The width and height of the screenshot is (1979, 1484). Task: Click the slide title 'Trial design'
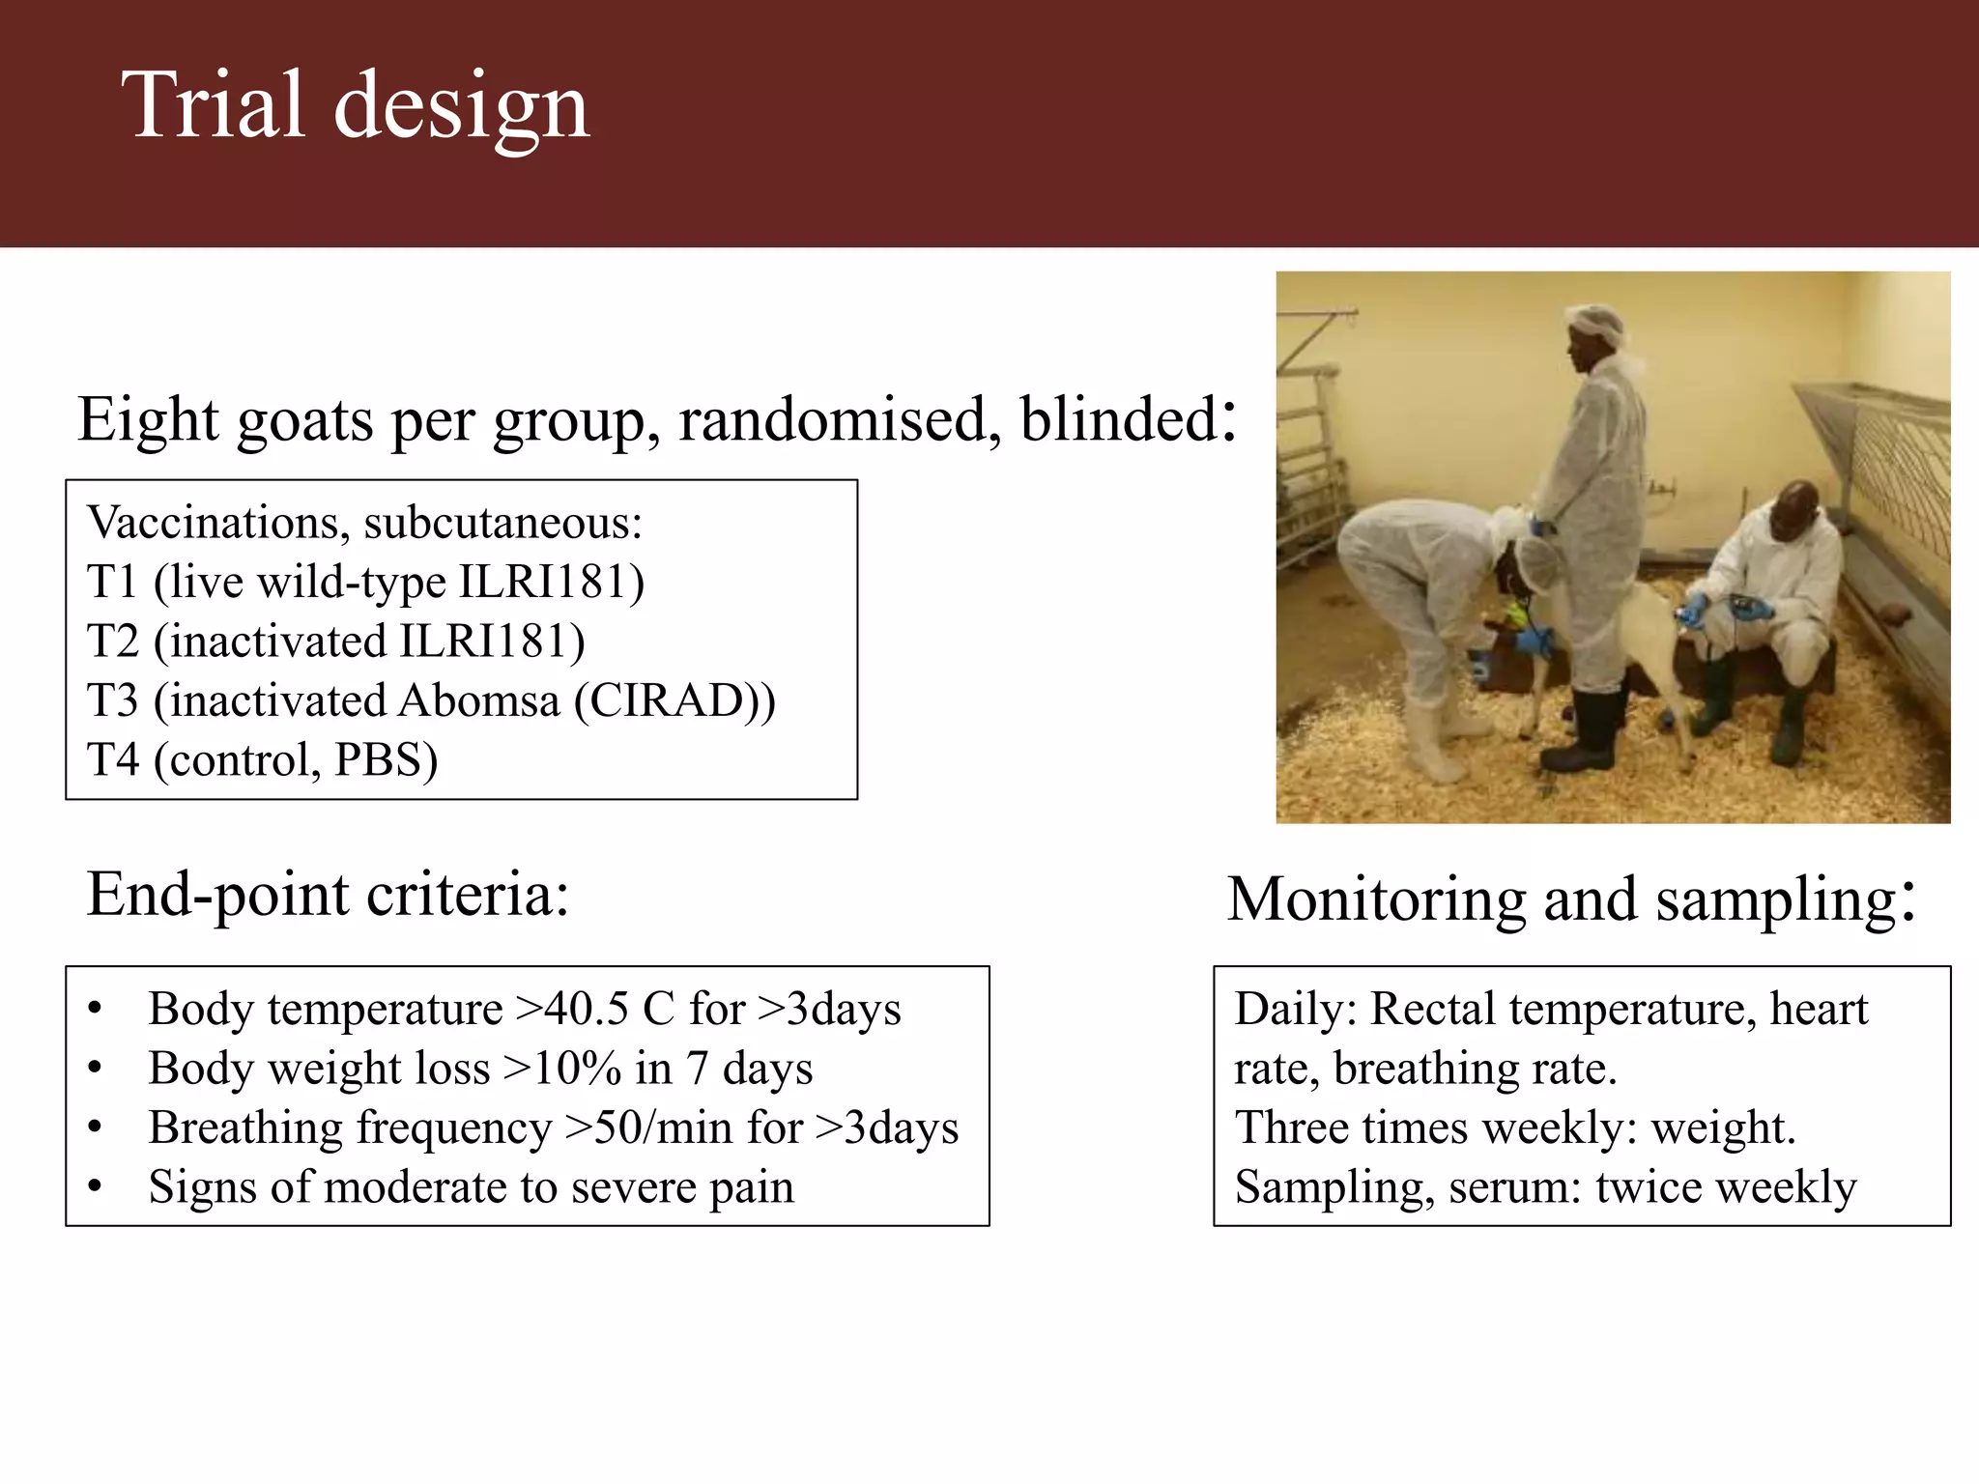pyautogui.click(x=355, y=106)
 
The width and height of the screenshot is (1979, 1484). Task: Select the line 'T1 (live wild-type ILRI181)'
pyautogui.click(x=365, y=582)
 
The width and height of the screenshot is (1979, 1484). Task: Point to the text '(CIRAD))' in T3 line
pyautogui.click(x=674, y=700)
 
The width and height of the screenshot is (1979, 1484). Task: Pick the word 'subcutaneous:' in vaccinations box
pyautogui.click(x=502, y=523)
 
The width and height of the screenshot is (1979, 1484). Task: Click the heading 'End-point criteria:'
pyautogui.click(x=328, y=894)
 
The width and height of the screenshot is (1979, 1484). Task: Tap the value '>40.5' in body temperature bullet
pyautogui.click(x=571, y=1010)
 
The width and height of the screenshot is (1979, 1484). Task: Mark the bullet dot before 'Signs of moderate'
pyautogui.click(x=94, y=1187)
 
